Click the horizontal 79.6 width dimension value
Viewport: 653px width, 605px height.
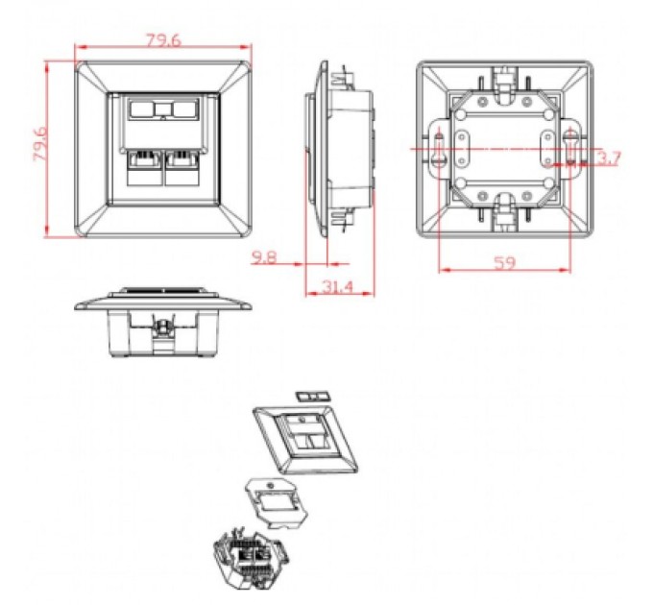point(162,39)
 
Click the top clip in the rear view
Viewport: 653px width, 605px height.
point(503,79)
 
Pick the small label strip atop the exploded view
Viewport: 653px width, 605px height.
point(311,395)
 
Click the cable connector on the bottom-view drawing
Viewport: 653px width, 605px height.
point(164,329)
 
